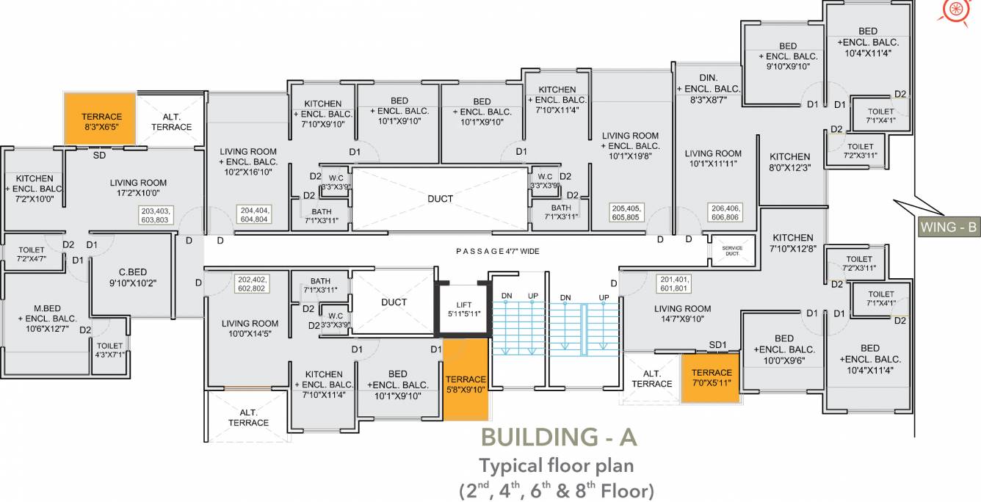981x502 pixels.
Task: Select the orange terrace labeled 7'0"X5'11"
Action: [710, 378]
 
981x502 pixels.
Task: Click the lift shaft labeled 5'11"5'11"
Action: [464, 309]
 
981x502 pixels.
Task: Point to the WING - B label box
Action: [949, 228]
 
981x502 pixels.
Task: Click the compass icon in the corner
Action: [955, 10]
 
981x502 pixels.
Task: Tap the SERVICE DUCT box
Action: [732, 250]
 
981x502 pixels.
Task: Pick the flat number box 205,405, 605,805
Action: [626, 213]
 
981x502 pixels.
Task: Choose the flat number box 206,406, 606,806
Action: [724, 213]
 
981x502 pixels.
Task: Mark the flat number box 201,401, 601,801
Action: [674, 283]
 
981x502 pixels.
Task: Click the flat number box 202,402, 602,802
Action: [251, 284]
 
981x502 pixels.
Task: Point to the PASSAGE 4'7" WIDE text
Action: [497, 252]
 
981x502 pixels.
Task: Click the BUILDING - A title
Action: [558, 437]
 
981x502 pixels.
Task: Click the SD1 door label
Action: [717, 344]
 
